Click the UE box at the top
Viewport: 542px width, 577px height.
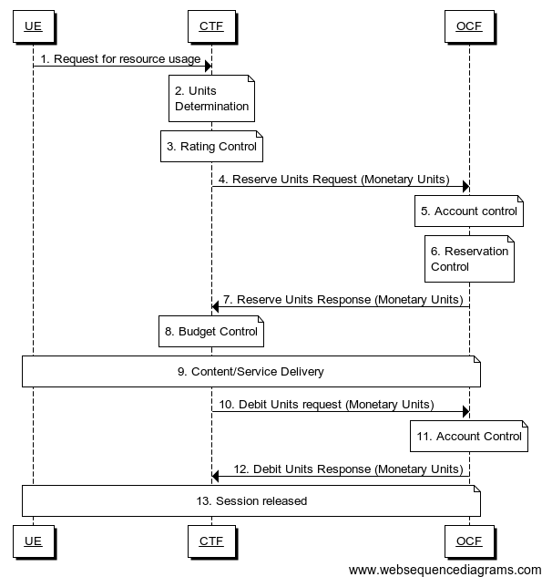(x=33, y=26)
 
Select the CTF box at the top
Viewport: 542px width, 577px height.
(x=211, y=26)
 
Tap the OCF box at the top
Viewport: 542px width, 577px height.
(x=469, y=26)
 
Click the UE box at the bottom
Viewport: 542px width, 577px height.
(x=33, y=541)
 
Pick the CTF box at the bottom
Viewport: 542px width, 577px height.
(x=211, y=541)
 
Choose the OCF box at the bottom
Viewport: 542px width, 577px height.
(x=469, y=541)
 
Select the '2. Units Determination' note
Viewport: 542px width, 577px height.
(x=211, y=98)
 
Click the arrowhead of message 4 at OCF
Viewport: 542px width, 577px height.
(x=465, y=187)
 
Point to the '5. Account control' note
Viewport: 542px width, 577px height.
(x=468, y=211)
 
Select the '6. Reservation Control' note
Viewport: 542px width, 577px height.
(x=468, y=259)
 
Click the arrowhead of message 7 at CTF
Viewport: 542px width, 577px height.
(x=216, y=307)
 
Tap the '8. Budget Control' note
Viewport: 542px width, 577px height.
(x=211, y=332)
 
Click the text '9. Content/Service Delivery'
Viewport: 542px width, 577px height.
(x=251, y=372)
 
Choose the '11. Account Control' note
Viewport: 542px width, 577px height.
(x=468, y=436)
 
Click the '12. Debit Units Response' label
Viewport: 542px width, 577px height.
(x=348, y=469)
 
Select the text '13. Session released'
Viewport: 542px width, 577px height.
(x=251, y=500)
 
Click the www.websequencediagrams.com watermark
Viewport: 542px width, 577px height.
(x=445, y=569)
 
